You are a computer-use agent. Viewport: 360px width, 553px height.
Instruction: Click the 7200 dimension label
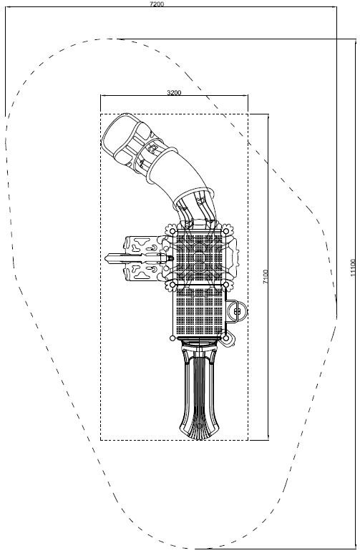point(157,4)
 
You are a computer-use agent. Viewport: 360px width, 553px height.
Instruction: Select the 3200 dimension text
point(174,92)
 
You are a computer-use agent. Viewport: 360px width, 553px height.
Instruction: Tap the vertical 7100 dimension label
point(266,277)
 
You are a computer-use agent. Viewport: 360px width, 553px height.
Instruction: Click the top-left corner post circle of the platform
point(172,231)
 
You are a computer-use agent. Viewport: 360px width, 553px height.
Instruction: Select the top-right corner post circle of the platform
point(226,231)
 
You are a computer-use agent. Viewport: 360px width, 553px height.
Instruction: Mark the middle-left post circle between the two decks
point(172,284)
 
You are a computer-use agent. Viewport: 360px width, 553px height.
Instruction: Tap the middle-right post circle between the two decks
point(226,284)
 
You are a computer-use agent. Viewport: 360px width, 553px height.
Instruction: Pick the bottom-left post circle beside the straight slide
point(172,338)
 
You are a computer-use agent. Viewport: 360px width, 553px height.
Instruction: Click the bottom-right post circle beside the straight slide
point(226,338)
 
